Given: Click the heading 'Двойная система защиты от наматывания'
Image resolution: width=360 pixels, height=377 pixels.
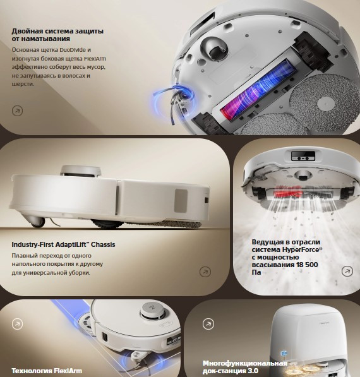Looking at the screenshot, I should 57,35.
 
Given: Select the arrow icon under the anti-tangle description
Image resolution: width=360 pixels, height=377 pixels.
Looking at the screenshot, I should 17,111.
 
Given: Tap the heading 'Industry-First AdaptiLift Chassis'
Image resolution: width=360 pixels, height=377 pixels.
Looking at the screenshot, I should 63,244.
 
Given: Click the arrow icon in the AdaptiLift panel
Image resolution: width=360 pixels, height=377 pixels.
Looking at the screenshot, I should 205,272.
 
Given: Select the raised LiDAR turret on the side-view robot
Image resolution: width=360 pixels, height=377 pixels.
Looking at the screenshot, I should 80,169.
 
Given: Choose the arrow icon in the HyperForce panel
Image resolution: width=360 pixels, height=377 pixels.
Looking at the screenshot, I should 347,271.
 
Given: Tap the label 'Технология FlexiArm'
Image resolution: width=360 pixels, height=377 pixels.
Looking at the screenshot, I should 46,370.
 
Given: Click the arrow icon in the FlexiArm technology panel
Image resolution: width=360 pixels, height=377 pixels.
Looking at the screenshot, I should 17,323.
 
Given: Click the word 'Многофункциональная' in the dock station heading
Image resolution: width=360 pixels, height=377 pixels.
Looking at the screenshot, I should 244,363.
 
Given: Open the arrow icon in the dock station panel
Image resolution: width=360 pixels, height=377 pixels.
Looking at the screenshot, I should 208,323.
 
